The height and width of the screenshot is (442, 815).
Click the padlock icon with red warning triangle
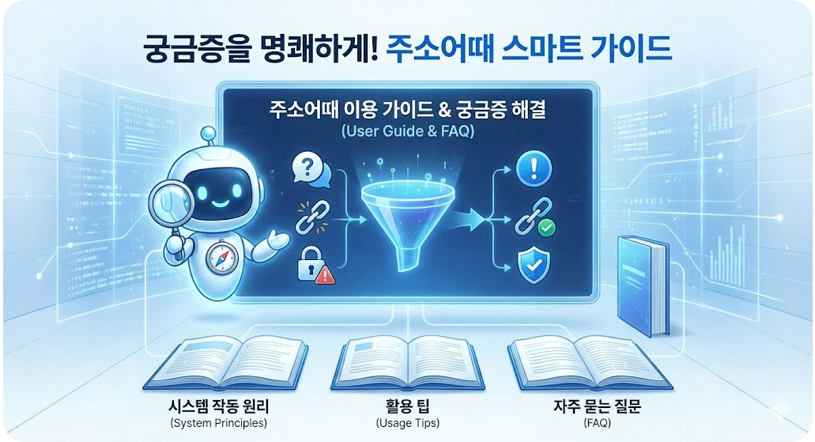pos(311,266)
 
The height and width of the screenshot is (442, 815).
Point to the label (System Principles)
pos(218,423)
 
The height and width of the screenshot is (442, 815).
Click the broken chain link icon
pos(311,218)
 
